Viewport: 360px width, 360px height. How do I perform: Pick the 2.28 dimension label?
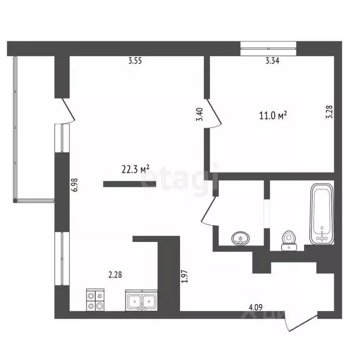(115, 275)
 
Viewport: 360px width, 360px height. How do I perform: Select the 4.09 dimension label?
(255, 307)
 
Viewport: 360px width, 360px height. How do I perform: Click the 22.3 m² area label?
(135, 169)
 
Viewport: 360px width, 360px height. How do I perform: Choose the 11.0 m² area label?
(273, 115)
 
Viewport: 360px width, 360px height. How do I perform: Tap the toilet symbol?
(289, 240)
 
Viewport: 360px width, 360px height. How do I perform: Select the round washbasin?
(241, 240)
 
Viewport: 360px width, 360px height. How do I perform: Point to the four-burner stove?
(95, 300)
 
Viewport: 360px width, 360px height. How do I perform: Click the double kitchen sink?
(142, 300)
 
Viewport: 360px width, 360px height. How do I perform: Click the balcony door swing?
(66, 110)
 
